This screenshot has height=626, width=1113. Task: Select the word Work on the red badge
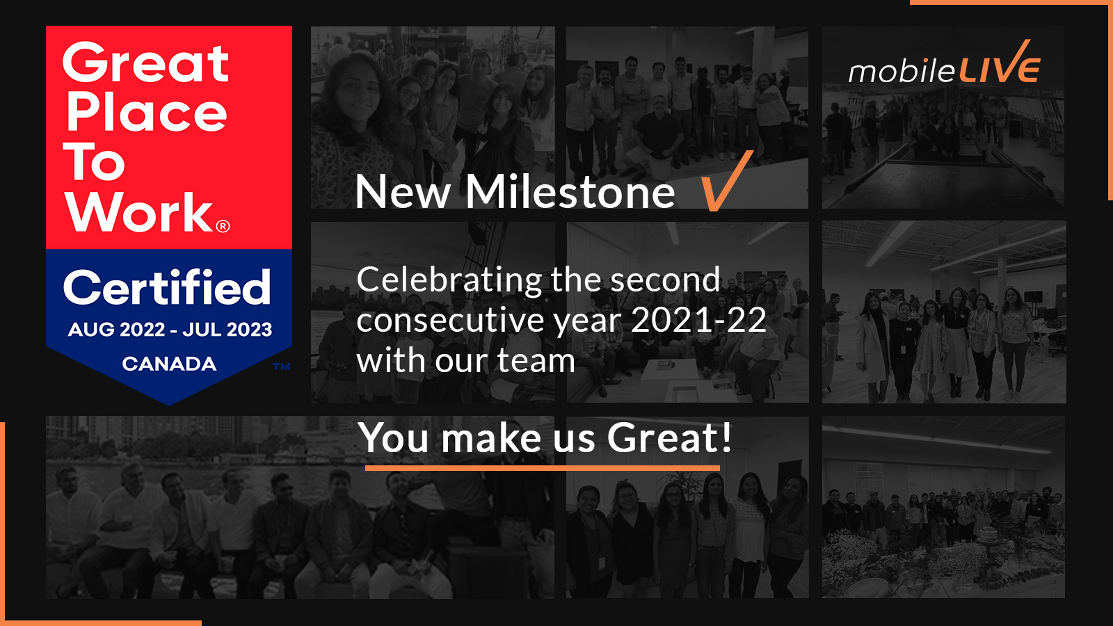(x=139, y=212)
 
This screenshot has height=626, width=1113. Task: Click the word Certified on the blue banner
(x=167, y=287)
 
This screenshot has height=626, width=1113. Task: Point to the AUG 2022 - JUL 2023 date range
(x=170, y=330)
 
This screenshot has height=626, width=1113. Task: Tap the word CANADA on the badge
(x=169, y=364)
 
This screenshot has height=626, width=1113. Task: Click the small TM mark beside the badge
(x=281, y=367)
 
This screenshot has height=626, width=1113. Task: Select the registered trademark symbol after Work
(x=223, y=226)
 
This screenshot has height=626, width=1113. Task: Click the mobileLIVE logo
(x=944, y=65)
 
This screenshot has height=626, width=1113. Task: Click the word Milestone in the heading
(x=570, y=192)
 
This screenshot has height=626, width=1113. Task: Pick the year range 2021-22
(x=698, y=321)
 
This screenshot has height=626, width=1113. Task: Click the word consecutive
(x=450, y=321)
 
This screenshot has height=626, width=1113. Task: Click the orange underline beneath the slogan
(x=543, y=468)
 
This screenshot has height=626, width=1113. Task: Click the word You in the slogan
(x=393, y=438)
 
